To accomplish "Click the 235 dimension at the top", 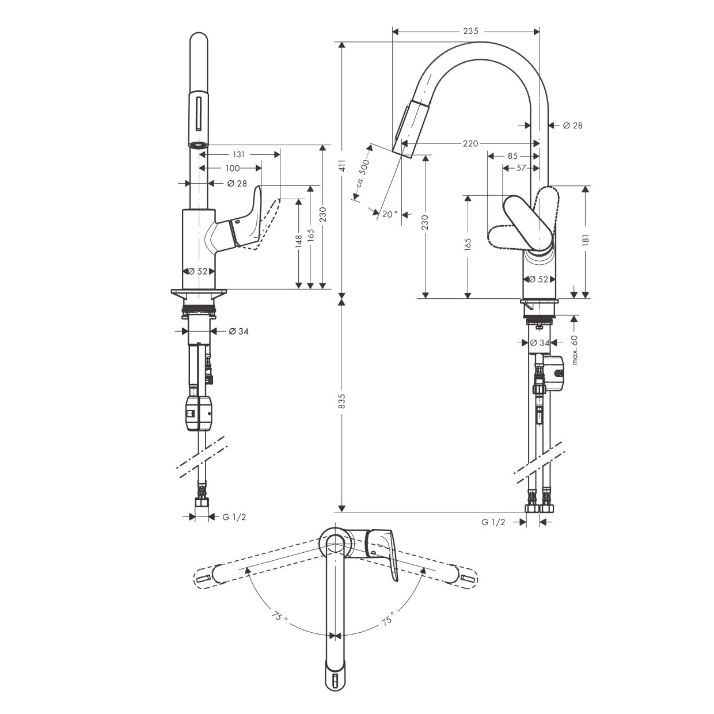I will (470, 32).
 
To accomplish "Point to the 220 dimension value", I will (470, 143).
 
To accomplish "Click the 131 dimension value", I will (239, 154).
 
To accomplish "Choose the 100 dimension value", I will (232, 168).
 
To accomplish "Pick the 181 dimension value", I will (586, 239).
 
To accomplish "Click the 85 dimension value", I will (512, 155).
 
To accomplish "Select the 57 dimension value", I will (521, 168).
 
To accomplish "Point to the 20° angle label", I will (390, 214).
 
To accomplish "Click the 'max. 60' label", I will (574, 349).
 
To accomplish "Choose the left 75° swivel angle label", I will (279, 618).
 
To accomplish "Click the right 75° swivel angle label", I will (386, 620).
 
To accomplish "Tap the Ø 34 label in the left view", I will (238, 331).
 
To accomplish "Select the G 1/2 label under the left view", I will (234, 517).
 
